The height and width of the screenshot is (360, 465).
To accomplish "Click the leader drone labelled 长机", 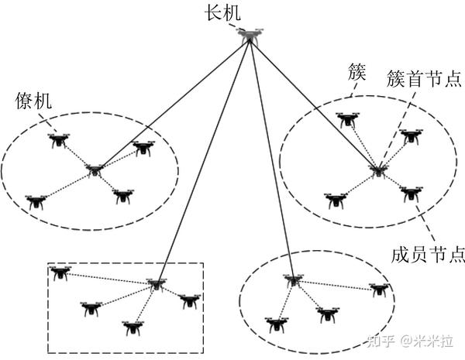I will click(x=250, y=34).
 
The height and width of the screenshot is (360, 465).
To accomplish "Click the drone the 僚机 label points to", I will click(x=56, y=139).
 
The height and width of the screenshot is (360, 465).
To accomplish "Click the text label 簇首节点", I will click(x=424, y=81).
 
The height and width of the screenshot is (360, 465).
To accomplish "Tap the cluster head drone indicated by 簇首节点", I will click(x=377, y=170).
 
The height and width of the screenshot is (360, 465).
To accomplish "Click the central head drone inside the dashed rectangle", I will click(x=157, y=284).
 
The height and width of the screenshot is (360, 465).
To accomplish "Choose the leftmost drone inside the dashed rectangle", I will click(x=59, y=272).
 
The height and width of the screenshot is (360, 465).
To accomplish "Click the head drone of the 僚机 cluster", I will click(x=95, y=170).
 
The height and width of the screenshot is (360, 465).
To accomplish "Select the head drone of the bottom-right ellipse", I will click(x=291, y=279).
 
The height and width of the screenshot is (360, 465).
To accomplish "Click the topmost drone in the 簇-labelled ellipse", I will click(x=346, y=118).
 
